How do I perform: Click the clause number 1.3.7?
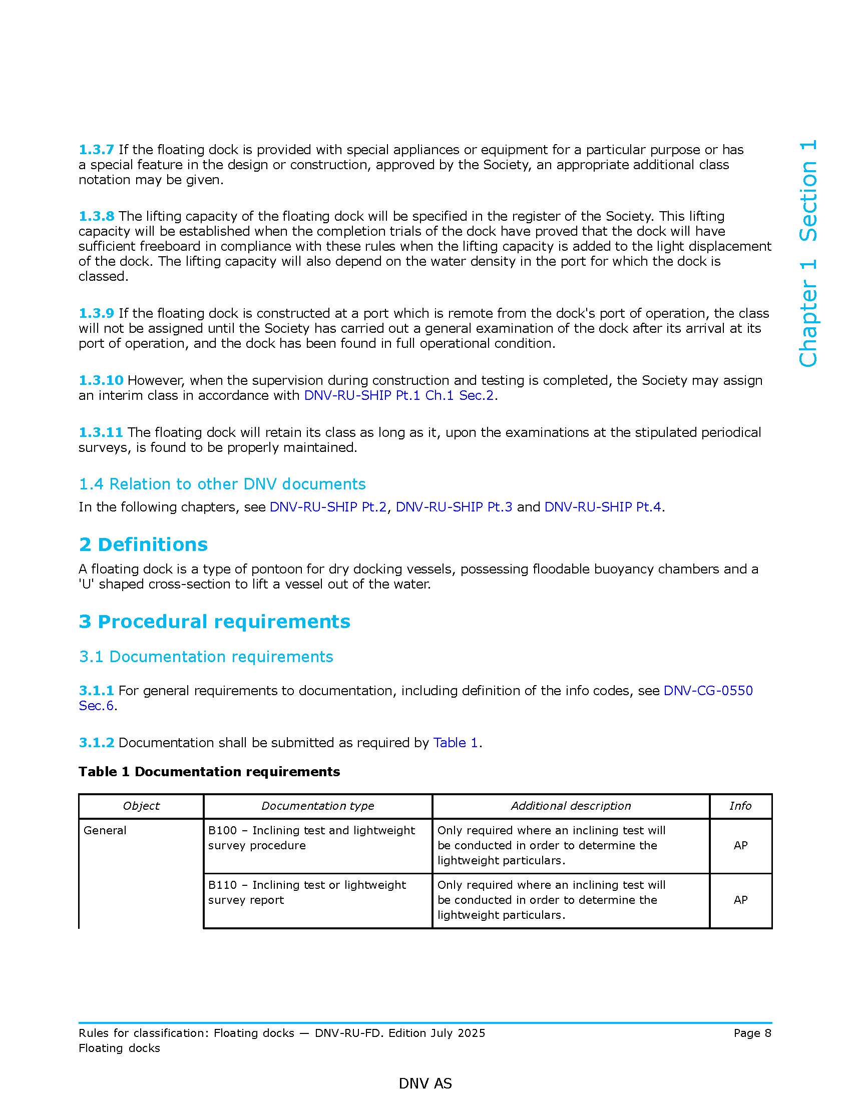coord(96,150)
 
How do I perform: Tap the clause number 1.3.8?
coord(96,216)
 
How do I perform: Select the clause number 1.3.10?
coord(101,380)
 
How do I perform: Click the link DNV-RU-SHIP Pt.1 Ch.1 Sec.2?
coord(399,395)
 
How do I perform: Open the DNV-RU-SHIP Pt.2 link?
coord(328,506)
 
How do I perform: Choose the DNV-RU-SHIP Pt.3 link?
coord(454,506)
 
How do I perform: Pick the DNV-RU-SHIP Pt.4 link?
coord(602,506)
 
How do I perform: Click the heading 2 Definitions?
coord(143,544)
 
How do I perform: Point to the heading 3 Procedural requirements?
coord(214,622)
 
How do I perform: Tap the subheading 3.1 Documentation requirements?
coord(206,657)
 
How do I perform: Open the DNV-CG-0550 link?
coord(708,691)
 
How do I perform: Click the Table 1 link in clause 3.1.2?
coord(455,743)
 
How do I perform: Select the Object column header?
coord(141,806)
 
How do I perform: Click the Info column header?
coord(740,806)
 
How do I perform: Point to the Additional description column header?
coord(571,806)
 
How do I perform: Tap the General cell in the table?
coord(105,830)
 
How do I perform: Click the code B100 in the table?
coord(222,830)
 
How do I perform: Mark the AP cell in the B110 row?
coord(740,900)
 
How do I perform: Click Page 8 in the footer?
coord(752,1033)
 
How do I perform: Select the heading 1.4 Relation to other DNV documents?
coord(222,484)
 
